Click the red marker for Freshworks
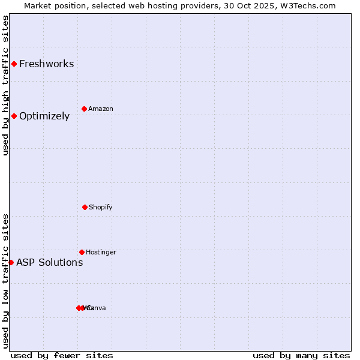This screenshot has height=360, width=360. pos(14,64)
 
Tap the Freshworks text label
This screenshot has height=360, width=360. pos(47,64)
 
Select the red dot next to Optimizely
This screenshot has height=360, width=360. pos(14,116)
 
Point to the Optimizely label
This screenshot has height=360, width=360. pos(44,116)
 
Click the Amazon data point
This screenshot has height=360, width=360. pos(84,109)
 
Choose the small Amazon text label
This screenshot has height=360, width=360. pos(101,109)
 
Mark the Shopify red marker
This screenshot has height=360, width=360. pos(85,207)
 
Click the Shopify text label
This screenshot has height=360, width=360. pos(101,208)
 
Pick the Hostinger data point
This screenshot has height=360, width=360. pos(82,252)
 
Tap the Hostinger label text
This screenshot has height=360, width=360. pos(101,253)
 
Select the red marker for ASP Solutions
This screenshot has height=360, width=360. pos(11,262)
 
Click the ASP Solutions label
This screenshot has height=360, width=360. pos(50,263)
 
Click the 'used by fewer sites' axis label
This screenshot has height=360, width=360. pos(62,355)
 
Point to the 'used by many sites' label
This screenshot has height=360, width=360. pos(301,355)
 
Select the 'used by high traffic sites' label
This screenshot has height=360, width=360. pos(6,85)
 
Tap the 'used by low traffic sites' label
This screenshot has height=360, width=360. pos(6,281)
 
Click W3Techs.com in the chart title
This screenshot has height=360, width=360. pos(310,6)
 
